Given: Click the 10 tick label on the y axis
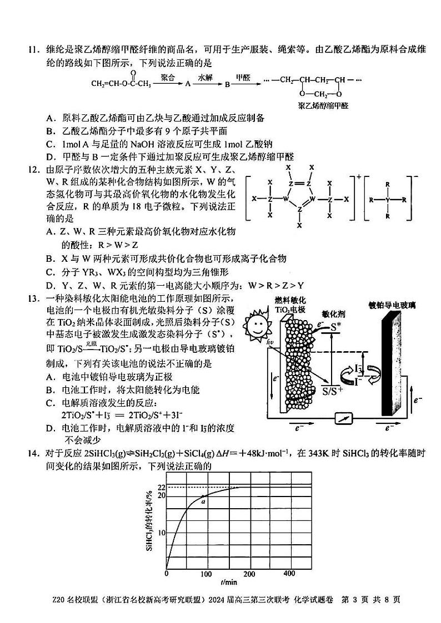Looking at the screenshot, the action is click(x=161, y=533).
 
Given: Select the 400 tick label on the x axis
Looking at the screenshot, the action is click(x=289, y=574).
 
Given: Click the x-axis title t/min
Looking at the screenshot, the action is click(x=228, y=583).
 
